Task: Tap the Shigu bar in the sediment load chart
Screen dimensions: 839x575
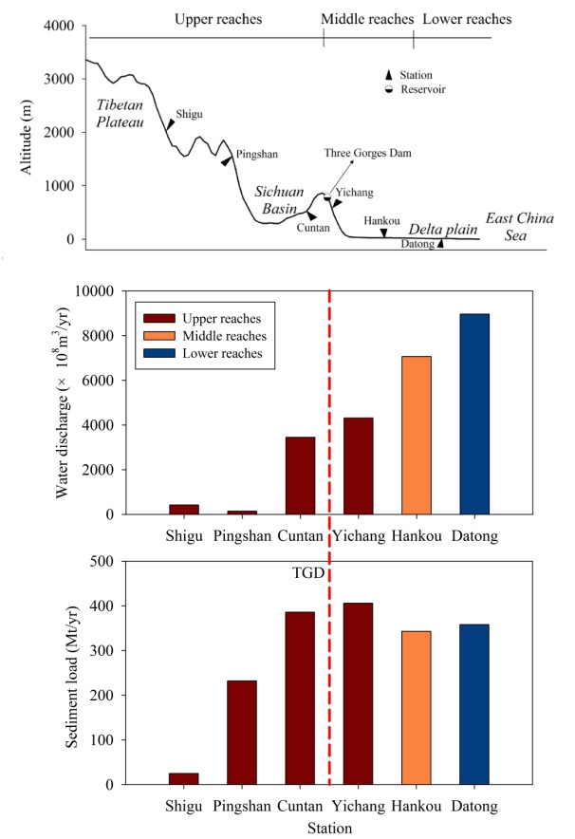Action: [x=183, y=778]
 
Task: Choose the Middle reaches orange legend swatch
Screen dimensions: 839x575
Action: [x=156, y=335]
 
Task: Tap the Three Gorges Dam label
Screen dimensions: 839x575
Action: [x=366, y=152]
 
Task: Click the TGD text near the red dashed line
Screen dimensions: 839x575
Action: [x=307, y=574]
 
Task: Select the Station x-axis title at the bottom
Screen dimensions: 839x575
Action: [x=328, y=828]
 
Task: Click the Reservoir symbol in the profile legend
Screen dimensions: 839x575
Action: [x=388, y=89]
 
